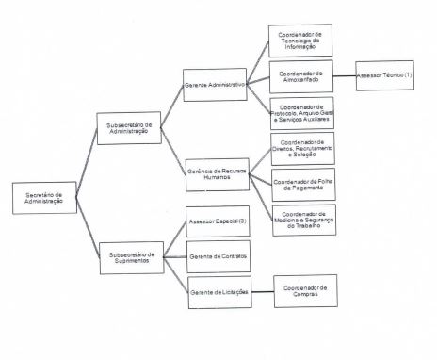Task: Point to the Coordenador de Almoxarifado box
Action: [301, 76]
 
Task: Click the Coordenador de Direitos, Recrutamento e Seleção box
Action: [301, 147]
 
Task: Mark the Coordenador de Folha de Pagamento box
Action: [301, 184]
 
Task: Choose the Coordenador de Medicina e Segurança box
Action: [303, 220]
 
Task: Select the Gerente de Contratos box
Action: [218, 255]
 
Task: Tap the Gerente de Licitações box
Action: [218, 291]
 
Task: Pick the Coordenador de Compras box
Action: [305, 290]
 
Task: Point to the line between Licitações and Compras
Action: [262, 291]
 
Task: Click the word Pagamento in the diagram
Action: [303, 188]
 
